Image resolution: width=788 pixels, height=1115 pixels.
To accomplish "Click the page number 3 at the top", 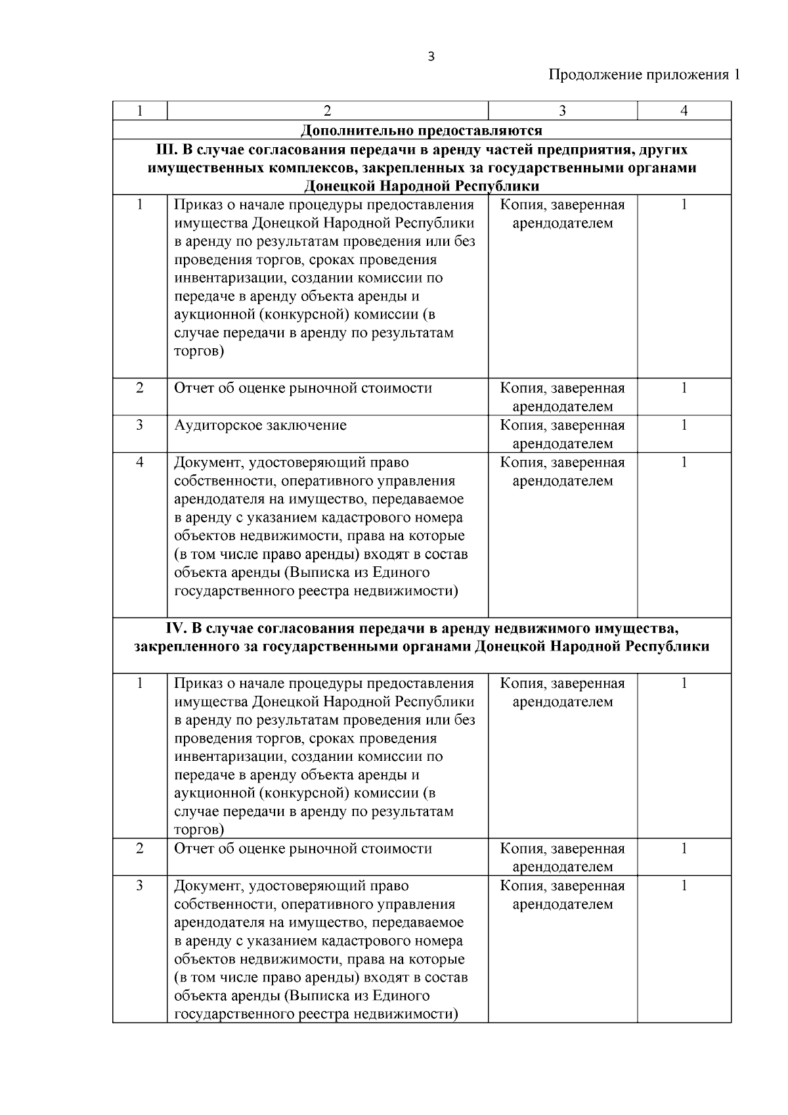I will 431,57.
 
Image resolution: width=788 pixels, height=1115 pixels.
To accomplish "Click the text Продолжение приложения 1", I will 644,75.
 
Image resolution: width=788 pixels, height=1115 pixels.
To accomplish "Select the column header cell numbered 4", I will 684,111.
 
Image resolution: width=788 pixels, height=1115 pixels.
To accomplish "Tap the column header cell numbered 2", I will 328,111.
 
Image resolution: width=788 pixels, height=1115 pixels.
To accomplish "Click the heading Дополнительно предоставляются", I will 421,130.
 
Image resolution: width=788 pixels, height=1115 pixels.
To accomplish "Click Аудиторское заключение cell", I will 260,426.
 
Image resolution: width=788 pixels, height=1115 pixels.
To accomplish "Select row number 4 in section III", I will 140,463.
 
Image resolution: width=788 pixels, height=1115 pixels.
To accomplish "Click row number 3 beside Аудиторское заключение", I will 140,426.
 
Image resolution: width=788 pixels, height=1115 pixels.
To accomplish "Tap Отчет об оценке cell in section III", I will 303,388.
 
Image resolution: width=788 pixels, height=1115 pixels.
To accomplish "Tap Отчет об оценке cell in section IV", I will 303,849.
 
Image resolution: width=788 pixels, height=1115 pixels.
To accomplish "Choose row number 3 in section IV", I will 140,886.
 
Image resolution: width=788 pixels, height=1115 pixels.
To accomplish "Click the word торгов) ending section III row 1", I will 199,352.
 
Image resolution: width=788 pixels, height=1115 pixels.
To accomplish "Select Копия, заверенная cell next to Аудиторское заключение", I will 562,434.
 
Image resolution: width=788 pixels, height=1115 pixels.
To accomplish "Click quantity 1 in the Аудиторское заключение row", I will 684,426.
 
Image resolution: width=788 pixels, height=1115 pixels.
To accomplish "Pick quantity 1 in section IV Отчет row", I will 684,849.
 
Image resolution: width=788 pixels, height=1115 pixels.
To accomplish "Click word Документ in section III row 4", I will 207,463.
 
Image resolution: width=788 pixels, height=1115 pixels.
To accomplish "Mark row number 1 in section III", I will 140,205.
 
